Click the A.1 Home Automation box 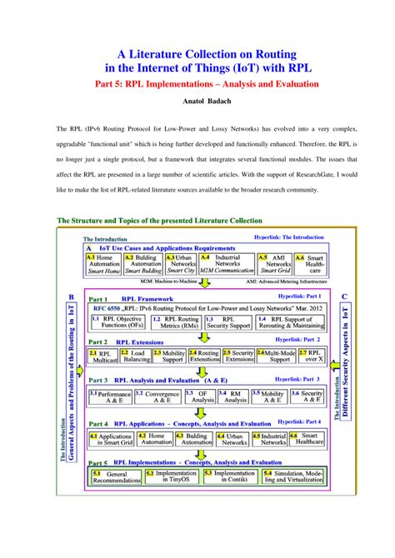pos(103,264)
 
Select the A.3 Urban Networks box pos(181,264)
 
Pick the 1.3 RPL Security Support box pos(224,323)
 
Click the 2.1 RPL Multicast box pos(105,357)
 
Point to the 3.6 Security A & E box pos(307,396)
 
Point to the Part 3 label pos(98,379)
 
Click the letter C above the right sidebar pos(343,296)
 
